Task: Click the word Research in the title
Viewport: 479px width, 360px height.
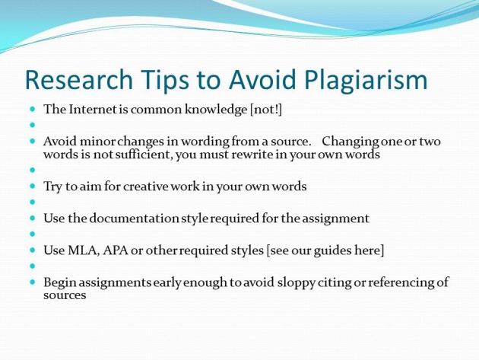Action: coord(79,79)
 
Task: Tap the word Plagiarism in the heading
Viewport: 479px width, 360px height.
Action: coord(366,81)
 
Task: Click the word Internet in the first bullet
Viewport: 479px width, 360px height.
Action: coord(94,109)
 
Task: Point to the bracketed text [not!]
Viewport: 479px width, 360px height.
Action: coord(266,110)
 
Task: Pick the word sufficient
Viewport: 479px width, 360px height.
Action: coord(140,155)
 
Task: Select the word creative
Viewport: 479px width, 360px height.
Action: coord(146,186)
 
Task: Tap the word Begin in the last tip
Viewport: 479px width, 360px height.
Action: coord(59,282)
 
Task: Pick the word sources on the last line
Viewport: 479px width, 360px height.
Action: coord(65,295)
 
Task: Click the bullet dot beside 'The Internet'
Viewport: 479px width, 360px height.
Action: coord(33,109)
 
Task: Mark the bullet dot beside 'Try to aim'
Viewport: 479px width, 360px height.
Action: coord(33,186)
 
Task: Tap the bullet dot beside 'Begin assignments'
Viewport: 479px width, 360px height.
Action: coord(33,282)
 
